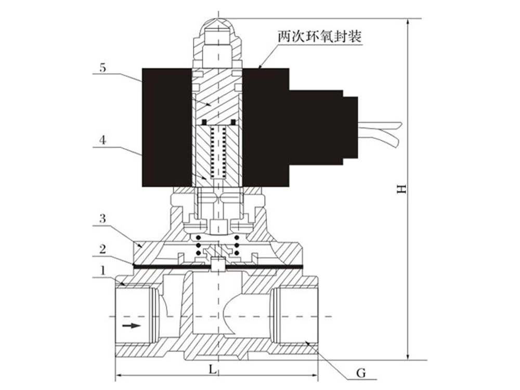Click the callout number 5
[x=103, y=68]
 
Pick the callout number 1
[x=103, y=271]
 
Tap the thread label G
[x=361, y=373]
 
